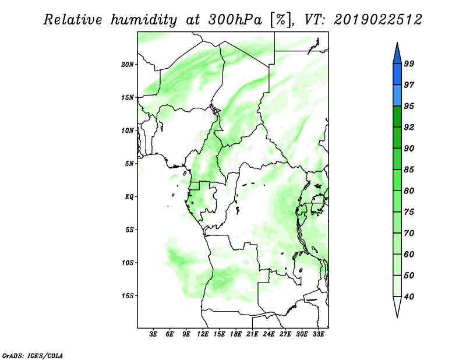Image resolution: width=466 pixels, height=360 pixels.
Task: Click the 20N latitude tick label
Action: point(128,65)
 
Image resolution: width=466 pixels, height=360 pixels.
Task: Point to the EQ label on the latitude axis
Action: point(129,197)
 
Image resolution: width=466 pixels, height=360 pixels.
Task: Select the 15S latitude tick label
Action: point(128,296)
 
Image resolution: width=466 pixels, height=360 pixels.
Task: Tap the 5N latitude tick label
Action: point(129,164)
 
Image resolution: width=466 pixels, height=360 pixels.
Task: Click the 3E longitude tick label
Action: point(153,334)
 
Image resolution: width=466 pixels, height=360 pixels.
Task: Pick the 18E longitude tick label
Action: point(236,334)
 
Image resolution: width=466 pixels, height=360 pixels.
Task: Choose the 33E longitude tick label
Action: point(318,334)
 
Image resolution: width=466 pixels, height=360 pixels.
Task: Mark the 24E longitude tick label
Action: point(269,334)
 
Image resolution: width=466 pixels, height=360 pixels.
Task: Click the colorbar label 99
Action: point(409,63)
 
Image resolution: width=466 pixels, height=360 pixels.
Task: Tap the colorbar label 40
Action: point(409,297)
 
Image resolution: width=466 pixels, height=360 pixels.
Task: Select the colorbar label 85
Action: point(409,170)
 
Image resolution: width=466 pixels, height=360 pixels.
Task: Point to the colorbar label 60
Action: point(409,254)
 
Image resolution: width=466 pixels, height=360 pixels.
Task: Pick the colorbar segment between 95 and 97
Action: point(397,96)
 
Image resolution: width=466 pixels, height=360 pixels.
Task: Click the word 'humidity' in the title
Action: point(144,20)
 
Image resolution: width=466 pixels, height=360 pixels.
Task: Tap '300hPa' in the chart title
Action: point(235,20)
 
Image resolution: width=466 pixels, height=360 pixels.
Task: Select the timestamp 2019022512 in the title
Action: point(378,20)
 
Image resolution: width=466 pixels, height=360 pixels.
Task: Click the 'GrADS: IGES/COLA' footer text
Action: point(33,355)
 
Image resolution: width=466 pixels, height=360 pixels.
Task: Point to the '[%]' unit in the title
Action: point(281,20)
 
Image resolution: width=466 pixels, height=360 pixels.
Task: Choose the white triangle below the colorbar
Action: point(397,307)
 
